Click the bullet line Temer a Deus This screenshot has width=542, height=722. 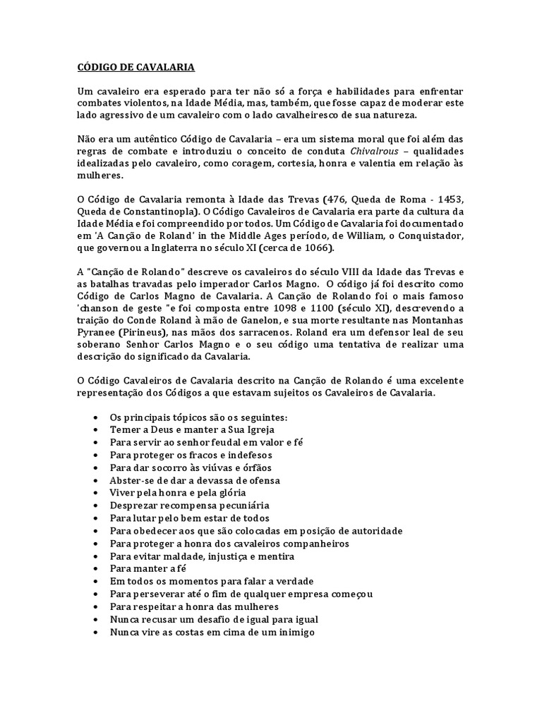177,429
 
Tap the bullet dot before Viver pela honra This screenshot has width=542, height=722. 96,493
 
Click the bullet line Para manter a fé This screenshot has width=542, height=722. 143,569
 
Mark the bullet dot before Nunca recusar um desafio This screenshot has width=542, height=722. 96,620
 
